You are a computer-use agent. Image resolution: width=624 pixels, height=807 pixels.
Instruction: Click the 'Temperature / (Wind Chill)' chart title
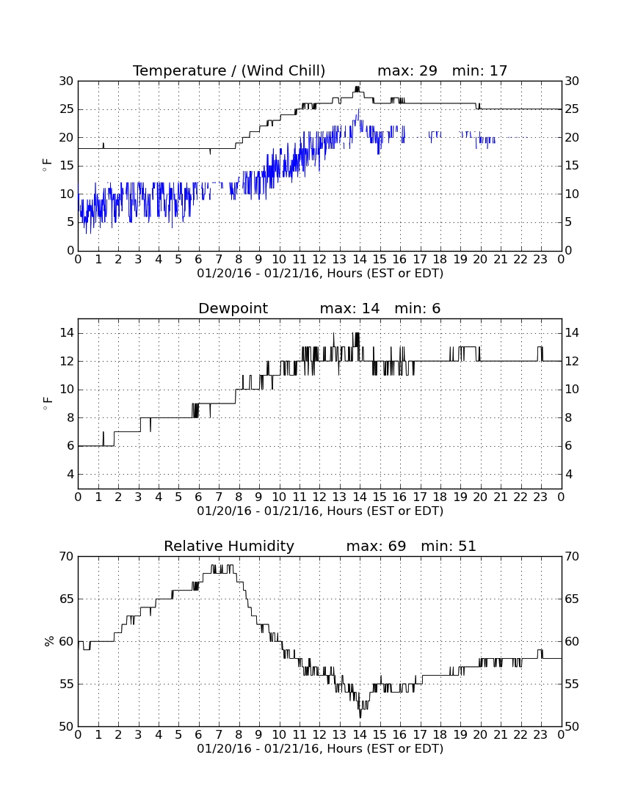tap(229, 71)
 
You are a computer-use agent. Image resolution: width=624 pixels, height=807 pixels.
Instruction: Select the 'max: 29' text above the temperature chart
tap(407, 70)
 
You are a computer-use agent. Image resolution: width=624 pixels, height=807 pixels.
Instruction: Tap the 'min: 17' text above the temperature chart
tap(480, 70)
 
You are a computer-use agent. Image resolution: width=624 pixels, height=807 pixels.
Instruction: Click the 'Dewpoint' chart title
tap(233, 309)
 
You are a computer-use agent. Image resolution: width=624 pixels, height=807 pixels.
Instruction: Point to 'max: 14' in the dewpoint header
tap(349, 308)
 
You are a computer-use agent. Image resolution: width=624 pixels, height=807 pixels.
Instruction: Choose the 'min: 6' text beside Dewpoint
tap(418, 308)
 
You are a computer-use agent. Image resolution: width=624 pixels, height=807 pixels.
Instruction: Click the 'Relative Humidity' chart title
tap(229, 546)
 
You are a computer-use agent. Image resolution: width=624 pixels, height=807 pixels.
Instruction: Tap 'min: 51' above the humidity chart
tap(449, 546)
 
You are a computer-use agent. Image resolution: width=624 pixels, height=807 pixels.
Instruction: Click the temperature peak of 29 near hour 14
tap(357, 87)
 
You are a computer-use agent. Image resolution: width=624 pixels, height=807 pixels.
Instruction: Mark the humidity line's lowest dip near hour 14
tap(360, 717)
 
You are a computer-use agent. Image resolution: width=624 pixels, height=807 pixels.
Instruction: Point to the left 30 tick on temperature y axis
tap(67, 81)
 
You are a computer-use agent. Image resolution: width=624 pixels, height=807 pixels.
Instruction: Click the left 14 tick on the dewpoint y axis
tap(67, 333)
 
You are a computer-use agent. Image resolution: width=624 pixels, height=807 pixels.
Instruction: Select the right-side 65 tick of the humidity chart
tap(572, 599)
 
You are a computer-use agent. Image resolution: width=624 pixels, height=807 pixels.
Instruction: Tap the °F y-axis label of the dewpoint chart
tap(47, 403)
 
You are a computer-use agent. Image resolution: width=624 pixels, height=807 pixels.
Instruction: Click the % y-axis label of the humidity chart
tap(49, 641)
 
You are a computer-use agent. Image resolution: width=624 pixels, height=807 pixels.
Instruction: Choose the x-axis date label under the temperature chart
tap(320, 274)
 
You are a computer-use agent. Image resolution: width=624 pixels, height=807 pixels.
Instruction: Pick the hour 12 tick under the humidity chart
tap(320, 735)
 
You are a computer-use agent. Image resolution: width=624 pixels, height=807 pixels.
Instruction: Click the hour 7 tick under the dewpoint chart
tap(219, 497)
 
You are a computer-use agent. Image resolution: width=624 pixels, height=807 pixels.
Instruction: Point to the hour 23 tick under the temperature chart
tap(540, 260)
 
